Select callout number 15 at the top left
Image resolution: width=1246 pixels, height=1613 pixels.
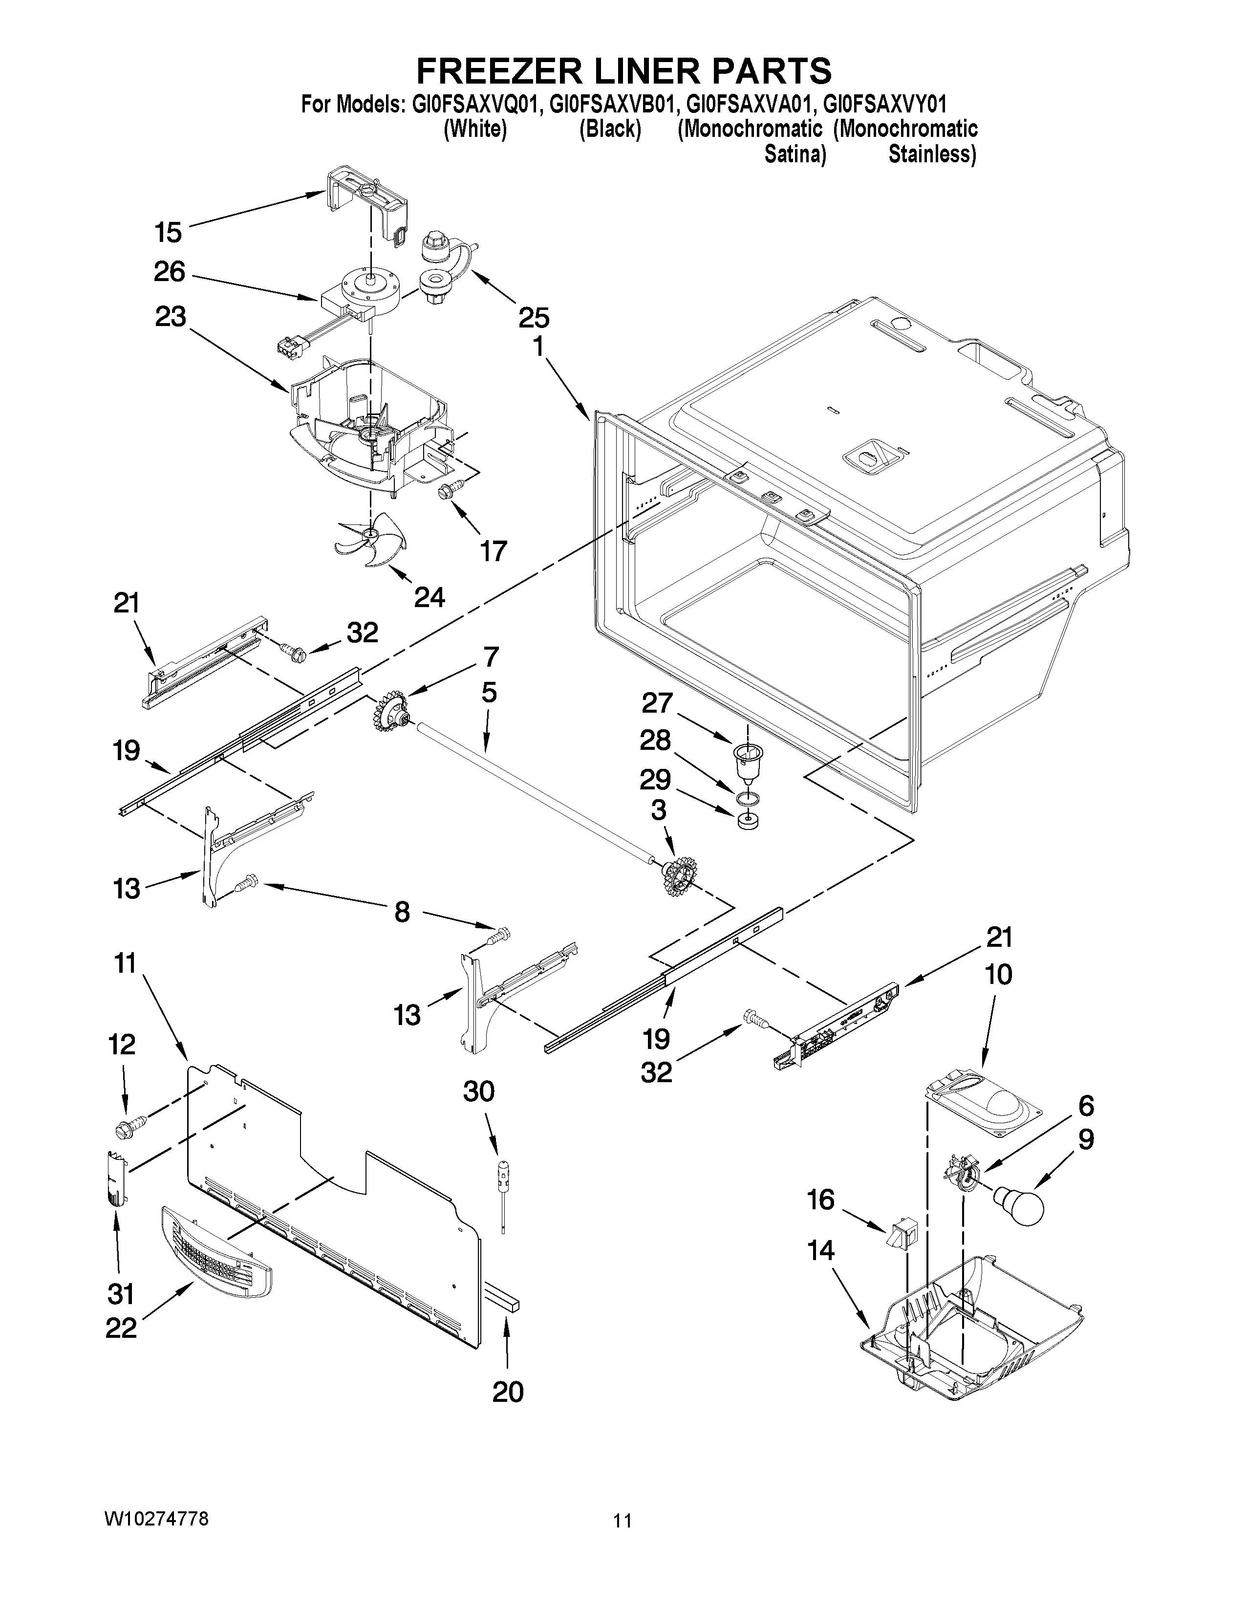[168, 232]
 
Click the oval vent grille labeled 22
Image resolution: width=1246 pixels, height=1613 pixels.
[214, 1250]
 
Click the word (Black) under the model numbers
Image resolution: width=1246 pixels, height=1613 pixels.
[610, 129]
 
